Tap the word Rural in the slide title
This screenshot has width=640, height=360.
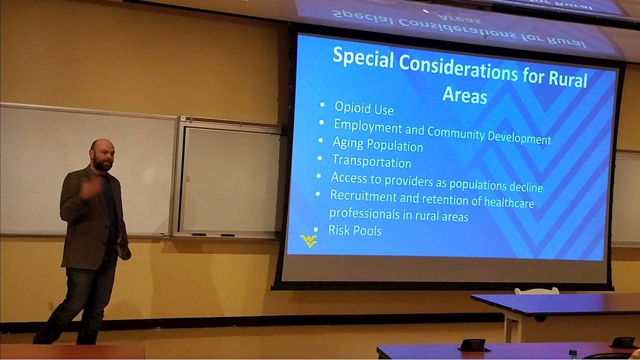click(567, 79)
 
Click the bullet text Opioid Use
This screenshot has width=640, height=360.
click(364, 108)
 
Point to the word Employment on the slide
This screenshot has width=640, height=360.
click(368, 126)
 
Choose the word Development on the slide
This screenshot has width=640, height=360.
click(519, 138)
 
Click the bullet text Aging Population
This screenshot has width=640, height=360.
click(377, 144)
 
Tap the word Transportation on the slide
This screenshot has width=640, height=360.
click(371, 161)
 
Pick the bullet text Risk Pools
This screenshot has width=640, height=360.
click(355, 230)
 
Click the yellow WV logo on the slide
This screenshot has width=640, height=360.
click(308, 240)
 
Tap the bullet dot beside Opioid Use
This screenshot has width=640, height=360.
click(322, 104)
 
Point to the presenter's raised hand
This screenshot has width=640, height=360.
click(91, 188)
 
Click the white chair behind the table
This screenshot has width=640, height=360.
click(537, 291)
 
